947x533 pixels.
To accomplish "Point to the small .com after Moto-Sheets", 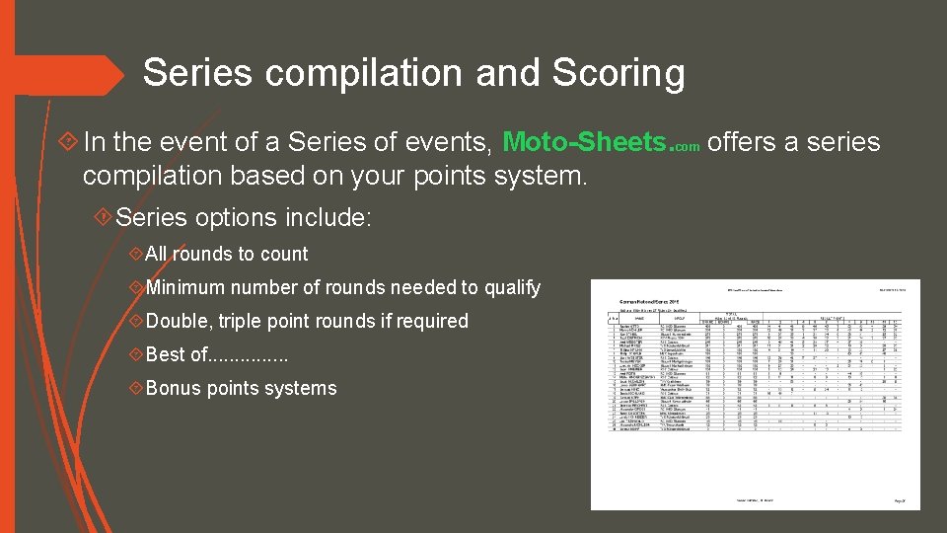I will click(688, 147).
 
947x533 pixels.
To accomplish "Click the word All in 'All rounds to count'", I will click(158, 254).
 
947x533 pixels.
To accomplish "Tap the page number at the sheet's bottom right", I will click(900, 501).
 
